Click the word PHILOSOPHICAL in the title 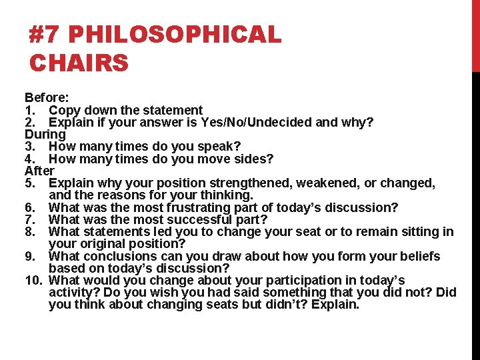[175, 35]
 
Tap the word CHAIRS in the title [79, 63]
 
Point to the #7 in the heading [45, 35]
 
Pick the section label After [39, 171]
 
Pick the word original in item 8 [104, 244]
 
